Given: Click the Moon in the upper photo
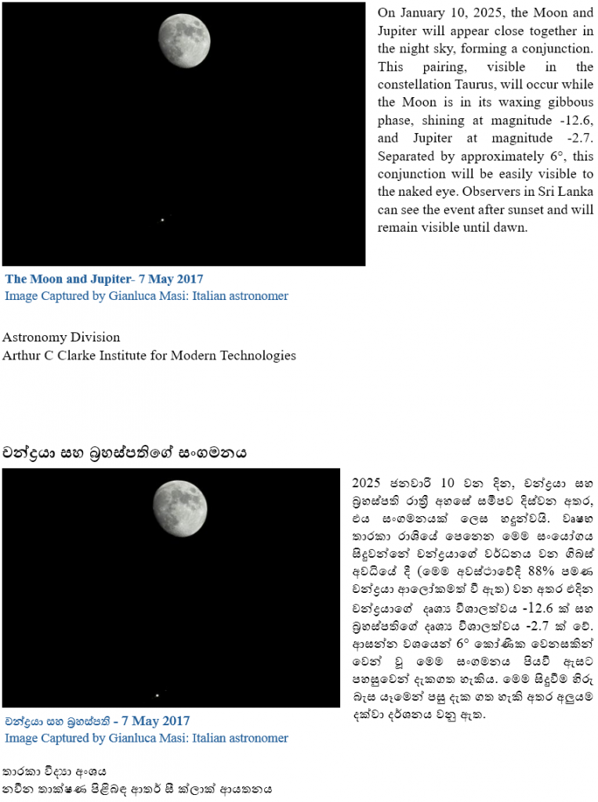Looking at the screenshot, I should [x=185, y=40].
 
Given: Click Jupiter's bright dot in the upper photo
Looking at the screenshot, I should [x=162, y=219].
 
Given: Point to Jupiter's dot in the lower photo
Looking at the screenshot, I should [x=157, y=695].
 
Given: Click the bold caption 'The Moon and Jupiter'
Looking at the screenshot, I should [x=67, y=279].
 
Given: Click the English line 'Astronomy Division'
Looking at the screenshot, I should [x=61, y=338].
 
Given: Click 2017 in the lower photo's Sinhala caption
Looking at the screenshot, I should [x=172, y=721].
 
